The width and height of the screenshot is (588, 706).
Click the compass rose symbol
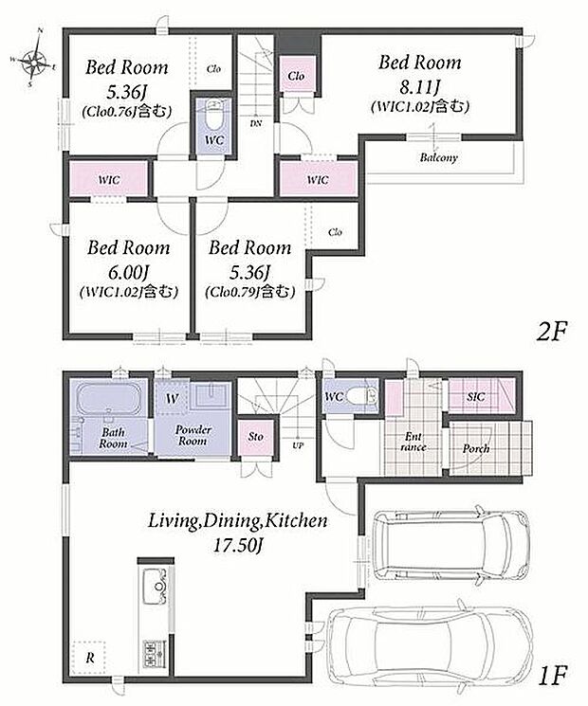(33, 59)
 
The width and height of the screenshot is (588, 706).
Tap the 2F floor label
(552, 332)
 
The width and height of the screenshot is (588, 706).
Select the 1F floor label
(552, 675)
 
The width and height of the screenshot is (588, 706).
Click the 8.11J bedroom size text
(419, 88)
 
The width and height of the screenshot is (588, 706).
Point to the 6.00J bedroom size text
(128, 273)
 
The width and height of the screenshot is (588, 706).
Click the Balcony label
(438, 157)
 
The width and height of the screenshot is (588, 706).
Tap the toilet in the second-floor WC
(214, 115)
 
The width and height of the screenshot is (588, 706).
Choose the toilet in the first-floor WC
(364, 396)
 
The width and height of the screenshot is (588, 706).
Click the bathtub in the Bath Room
(108, 398)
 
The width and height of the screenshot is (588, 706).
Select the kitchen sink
(156, 588)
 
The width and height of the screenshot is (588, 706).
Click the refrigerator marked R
(89, 658)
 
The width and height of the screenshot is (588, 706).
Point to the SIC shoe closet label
(475, 397)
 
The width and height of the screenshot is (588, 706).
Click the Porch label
(475, 448)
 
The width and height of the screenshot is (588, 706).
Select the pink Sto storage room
(255, 437)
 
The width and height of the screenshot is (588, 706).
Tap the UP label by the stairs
(298, 445)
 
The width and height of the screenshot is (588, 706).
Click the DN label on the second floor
(255, 123)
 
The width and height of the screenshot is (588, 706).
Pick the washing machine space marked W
(172, 397)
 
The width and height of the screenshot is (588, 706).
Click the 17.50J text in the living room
(237, 545)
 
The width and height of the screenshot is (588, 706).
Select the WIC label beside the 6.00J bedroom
(109, 180)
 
